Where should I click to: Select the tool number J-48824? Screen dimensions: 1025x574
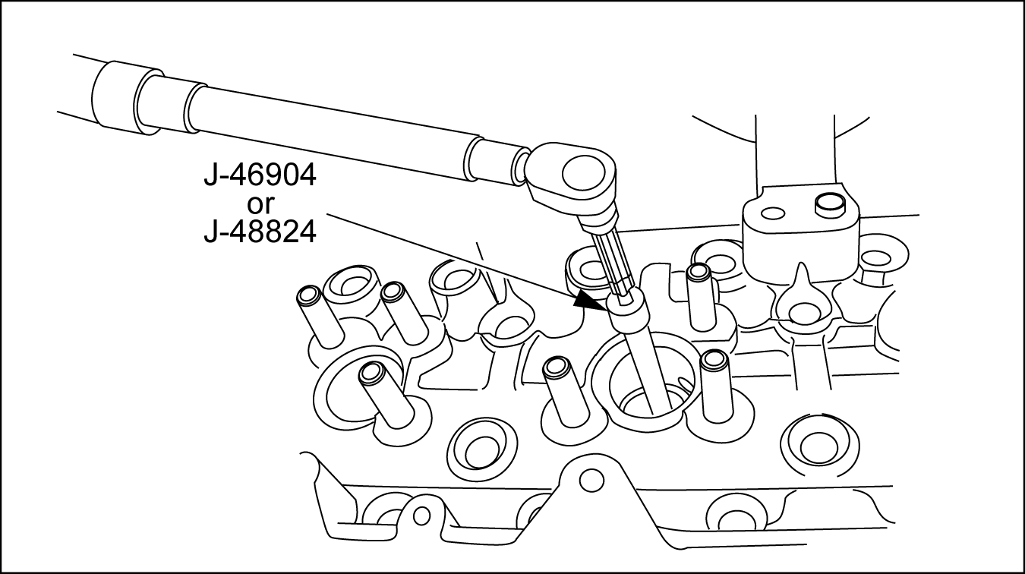point(260,232)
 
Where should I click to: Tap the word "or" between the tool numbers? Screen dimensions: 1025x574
point(260,204)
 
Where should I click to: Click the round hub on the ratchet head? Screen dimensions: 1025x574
point(582,174)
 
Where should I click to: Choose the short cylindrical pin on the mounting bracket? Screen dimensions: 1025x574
point(829,204)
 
